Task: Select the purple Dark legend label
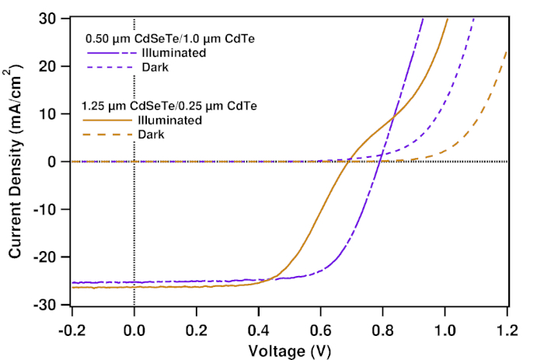pos(155,67)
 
